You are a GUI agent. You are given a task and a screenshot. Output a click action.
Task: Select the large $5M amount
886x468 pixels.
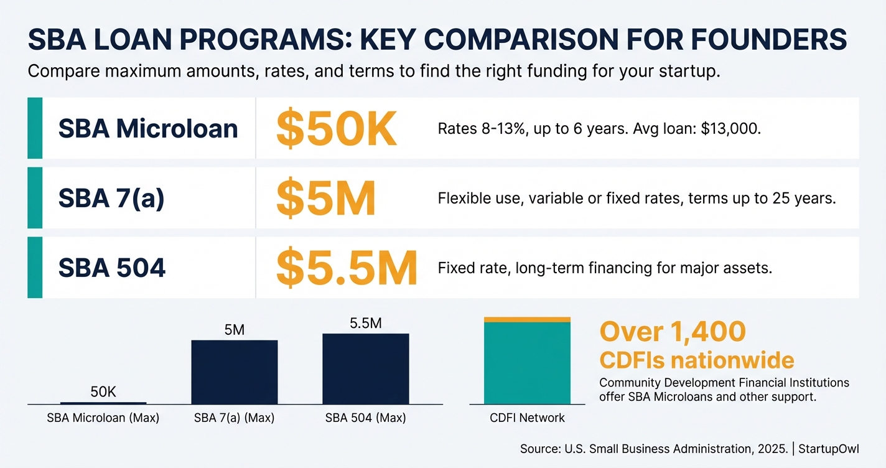325,199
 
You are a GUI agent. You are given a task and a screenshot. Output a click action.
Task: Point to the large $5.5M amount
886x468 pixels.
346,268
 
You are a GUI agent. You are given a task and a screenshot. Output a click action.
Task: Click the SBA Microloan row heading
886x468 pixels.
148,129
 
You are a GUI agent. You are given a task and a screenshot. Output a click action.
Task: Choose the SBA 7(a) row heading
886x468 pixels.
111,199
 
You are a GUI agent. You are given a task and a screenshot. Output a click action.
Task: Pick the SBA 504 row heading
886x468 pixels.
112,268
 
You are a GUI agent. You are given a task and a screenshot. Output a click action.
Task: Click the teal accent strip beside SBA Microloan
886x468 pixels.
35,128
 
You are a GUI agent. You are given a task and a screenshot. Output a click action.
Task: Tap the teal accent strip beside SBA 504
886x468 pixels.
35,268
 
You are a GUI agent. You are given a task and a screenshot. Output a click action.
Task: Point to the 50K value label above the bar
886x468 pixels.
103,392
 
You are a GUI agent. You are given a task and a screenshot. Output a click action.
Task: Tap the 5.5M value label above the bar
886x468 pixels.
365,323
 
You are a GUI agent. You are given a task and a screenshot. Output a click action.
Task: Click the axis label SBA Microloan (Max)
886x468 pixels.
103,418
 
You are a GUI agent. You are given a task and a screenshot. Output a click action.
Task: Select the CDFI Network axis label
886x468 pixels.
527,418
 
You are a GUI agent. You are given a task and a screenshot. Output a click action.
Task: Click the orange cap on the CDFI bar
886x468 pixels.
527,319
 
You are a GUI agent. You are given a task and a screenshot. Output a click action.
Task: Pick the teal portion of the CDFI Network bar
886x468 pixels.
527,363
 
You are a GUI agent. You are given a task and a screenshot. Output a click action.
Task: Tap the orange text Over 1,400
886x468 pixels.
672,332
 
